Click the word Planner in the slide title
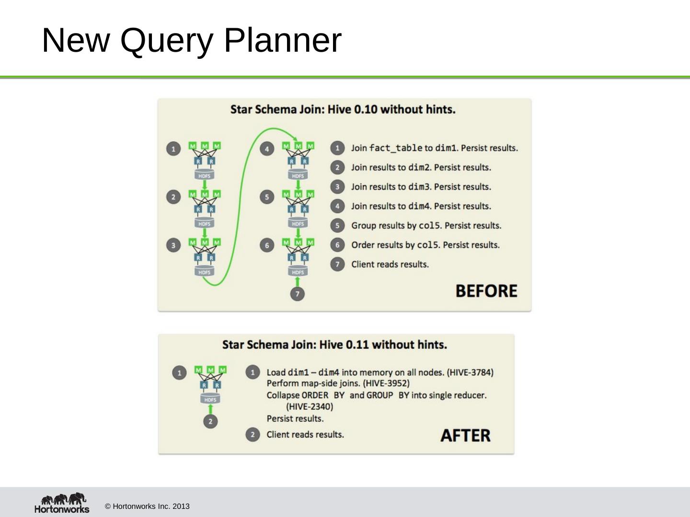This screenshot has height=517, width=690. [x=282, y=40]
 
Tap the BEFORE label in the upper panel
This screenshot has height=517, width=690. [x=486, y=291]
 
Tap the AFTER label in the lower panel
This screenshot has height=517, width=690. [x=465, y=436]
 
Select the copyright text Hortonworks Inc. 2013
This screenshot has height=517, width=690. [x=147, y=506]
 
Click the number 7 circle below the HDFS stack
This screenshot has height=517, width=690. [x=297, y=293]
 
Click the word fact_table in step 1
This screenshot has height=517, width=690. [x=395, y=148]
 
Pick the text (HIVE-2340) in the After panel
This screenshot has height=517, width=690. [x=310, y=407]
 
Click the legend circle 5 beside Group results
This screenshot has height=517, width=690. [x=337, y=225]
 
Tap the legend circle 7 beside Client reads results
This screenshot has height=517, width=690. [x=337, y=264]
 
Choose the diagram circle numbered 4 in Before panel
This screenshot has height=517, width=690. [x=267, y=148]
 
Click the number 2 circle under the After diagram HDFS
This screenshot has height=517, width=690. [x=210, y=421]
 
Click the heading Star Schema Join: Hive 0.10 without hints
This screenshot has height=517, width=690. [x=343, y=110]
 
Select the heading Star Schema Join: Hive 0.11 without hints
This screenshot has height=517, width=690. [x=334, y=345]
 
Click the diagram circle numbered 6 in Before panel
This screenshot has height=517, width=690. [x=267, y=245]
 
